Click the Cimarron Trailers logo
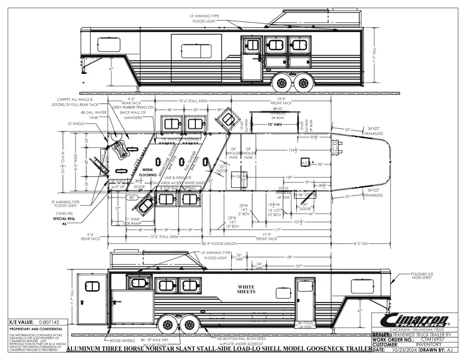click(x=416, y=320)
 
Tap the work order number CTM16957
click(x=429, y=339)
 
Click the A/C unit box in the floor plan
click(x=306, y=162)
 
